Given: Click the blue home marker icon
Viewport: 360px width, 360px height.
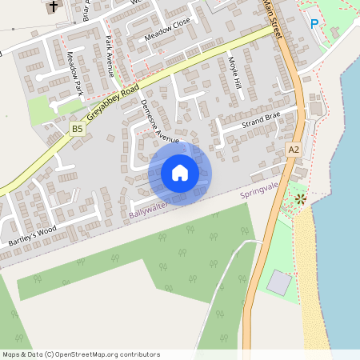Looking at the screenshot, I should [x=180, y=173].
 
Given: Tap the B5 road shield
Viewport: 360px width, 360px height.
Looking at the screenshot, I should [x=77, y=128].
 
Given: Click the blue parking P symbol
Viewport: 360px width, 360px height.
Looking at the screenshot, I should [x=314, y=25].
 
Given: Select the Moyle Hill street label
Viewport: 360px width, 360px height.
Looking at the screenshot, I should [x=234, y=72].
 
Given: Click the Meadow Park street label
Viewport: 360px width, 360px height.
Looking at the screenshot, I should [x=75, y=74].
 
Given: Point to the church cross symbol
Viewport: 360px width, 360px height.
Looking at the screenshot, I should [x=53, y=6].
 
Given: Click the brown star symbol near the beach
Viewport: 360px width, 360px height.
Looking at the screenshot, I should [x=300, y=198].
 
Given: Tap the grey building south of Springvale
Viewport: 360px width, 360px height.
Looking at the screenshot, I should [x=279, y=282].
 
